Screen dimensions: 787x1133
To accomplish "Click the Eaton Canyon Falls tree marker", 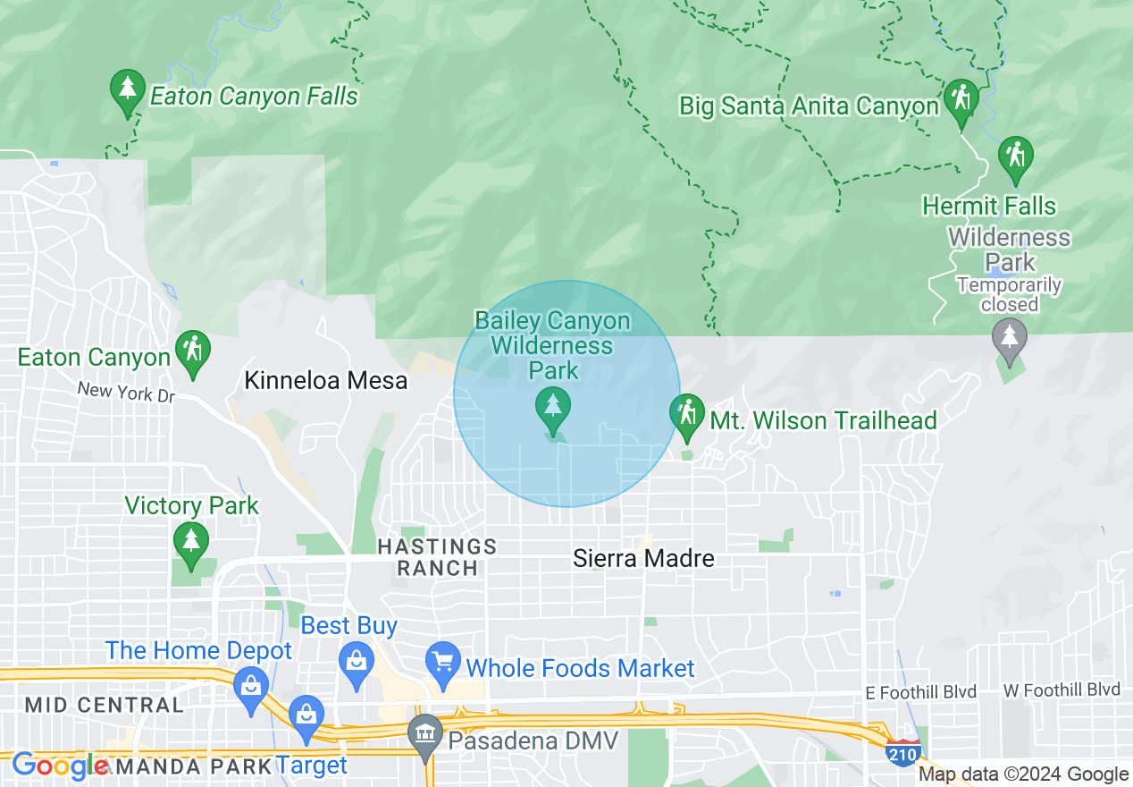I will point(128,90).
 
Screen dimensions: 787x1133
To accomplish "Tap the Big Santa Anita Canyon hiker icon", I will point(961,100).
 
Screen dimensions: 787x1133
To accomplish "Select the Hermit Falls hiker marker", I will point(1015,157).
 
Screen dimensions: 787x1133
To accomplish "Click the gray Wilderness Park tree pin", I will point(1010,339).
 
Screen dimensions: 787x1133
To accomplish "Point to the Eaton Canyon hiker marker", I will point(192,351).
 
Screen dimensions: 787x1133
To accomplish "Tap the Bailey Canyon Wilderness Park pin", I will point(553,410).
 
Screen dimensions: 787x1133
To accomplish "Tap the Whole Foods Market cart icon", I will point(442,664).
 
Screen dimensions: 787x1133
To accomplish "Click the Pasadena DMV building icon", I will point(425,735).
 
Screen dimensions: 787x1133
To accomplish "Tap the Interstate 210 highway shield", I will point(904,754).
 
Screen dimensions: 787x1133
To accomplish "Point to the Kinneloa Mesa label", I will point(325,381).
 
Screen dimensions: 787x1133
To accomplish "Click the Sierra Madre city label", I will point(643,559).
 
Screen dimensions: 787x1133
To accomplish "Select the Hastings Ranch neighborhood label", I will point(437,556).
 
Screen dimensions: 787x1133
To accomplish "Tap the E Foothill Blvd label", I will point(920,692).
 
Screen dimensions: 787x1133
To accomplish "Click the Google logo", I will point(60,766).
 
